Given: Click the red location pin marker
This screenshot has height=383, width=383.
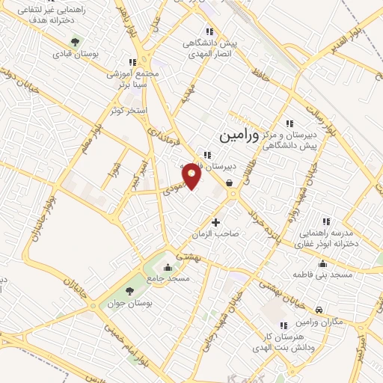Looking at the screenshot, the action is pos(191,174).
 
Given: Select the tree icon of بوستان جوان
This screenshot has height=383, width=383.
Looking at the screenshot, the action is pos(130,290).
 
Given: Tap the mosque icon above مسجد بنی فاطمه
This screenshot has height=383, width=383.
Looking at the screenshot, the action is pos(322,263).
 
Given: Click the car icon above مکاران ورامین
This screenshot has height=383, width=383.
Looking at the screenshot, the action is pos(319,309).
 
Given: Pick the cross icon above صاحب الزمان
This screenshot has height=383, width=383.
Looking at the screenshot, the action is pos(216,221).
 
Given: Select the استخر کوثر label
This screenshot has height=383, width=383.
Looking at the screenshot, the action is pos(126,111).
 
